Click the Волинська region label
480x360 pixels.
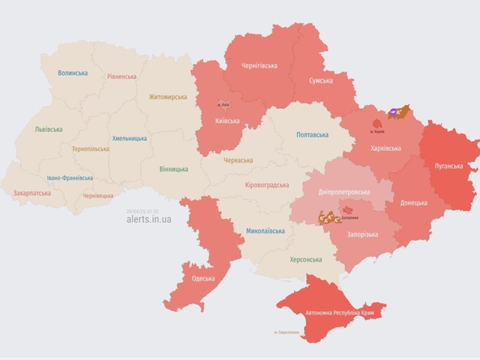[x=73, y=73]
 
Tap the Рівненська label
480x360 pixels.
[x=122, y=77]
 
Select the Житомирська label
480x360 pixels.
[x=168, y=97]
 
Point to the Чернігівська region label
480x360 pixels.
[x=259, y=65]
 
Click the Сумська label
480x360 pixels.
[x=321, y=80]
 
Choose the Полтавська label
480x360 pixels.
[x=313, y=135]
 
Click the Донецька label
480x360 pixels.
[x=414, y=203]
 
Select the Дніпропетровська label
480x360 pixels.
[x=344, y=192]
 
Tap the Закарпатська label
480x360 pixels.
[x=31, y=193]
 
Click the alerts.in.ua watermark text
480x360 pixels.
[x=149, y=220]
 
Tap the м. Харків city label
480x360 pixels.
[x=378, y=131]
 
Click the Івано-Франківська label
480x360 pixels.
[x=70, y=178]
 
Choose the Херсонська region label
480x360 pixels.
[x=305, y=260]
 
